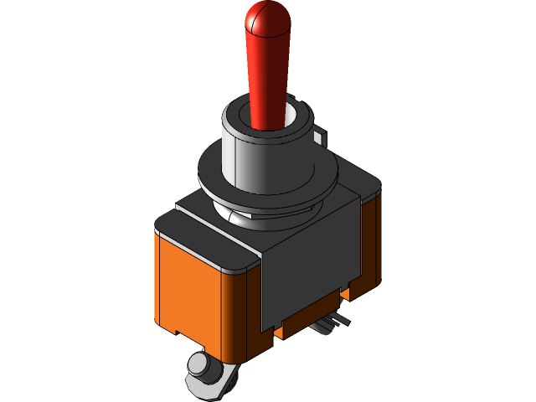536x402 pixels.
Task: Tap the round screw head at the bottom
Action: point(198,365)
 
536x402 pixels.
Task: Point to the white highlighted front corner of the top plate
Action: point(243,267)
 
